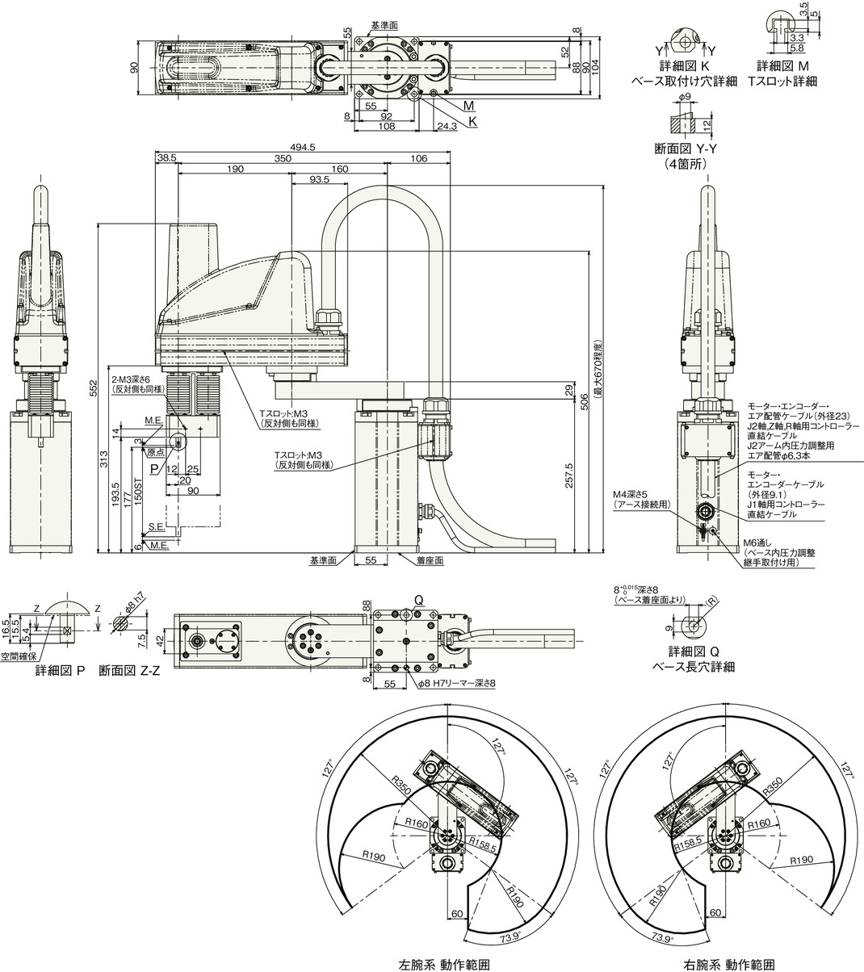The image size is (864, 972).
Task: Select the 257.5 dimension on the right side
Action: click(570, 471)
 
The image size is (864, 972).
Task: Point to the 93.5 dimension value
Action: click(318, 180)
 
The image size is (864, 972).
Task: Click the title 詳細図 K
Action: click(682, 65)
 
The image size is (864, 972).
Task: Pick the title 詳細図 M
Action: click(782, 65)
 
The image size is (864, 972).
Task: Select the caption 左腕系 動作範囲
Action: click(443, 964)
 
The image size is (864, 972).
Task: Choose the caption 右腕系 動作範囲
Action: click(729, 964)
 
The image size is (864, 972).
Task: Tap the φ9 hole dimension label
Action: click(684, 98)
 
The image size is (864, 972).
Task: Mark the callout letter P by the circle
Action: click(154, 467)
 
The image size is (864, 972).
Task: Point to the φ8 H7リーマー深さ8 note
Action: click(456, 683)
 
